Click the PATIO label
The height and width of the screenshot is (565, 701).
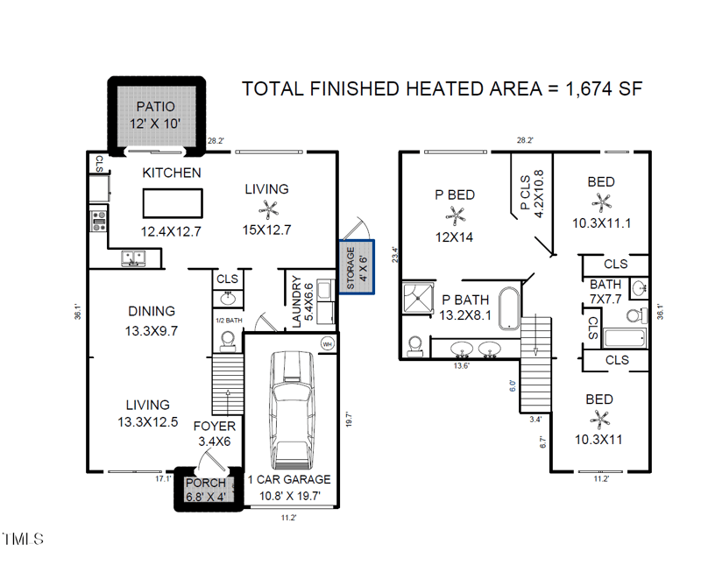[156, 107]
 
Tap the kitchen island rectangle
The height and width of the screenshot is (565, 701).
[173, 203]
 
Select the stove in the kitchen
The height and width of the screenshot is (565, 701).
[99, 222]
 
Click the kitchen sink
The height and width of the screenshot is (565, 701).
[134, 258]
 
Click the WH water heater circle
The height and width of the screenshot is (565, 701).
[328, 343]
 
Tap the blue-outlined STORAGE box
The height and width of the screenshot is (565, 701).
[357, 267]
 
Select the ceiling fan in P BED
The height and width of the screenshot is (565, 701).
[456, 215]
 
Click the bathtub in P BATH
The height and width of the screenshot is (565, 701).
[509, 308]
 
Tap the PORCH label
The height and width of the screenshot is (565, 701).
[206, 484]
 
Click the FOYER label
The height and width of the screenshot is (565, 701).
[215, 427]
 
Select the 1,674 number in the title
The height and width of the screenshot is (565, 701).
[588, 88]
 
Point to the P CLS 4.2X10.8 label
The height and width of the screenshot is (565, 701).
[532, 193]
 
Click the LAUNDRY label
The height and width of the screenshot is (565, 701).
[296, 301]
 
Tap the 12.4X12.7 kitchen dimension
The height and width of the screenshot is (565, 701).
[171, 231]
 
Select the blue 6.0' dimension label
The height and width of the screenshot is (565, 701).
[513, 385]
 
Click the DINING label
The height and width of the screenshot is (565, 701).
[152, 311]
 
